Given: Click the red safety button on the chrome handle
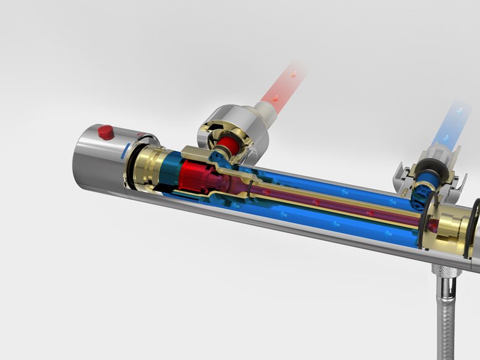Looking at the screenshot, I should coord(106,132).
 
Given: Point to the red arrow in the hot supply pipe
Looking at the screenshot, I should coord(293,74).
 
